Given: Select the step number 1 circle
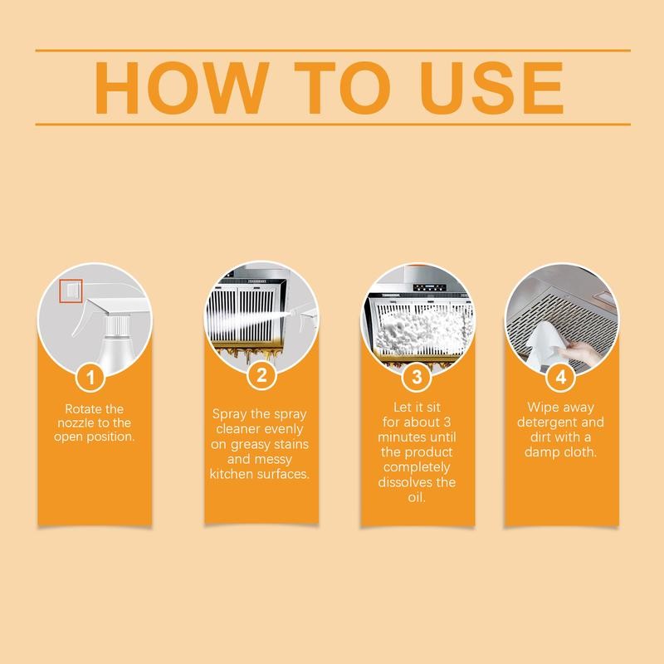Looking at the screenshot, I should (x=94, y=377).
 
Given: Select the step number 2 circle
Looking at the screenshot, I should (x=261, y=377).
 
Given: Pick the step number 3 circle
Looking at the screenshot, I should (x=417, y=377).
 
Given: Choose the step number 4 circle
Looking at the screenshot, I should (x=562, y=377).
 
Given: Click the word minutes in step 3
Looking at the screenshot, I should (x=407, y=437).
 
